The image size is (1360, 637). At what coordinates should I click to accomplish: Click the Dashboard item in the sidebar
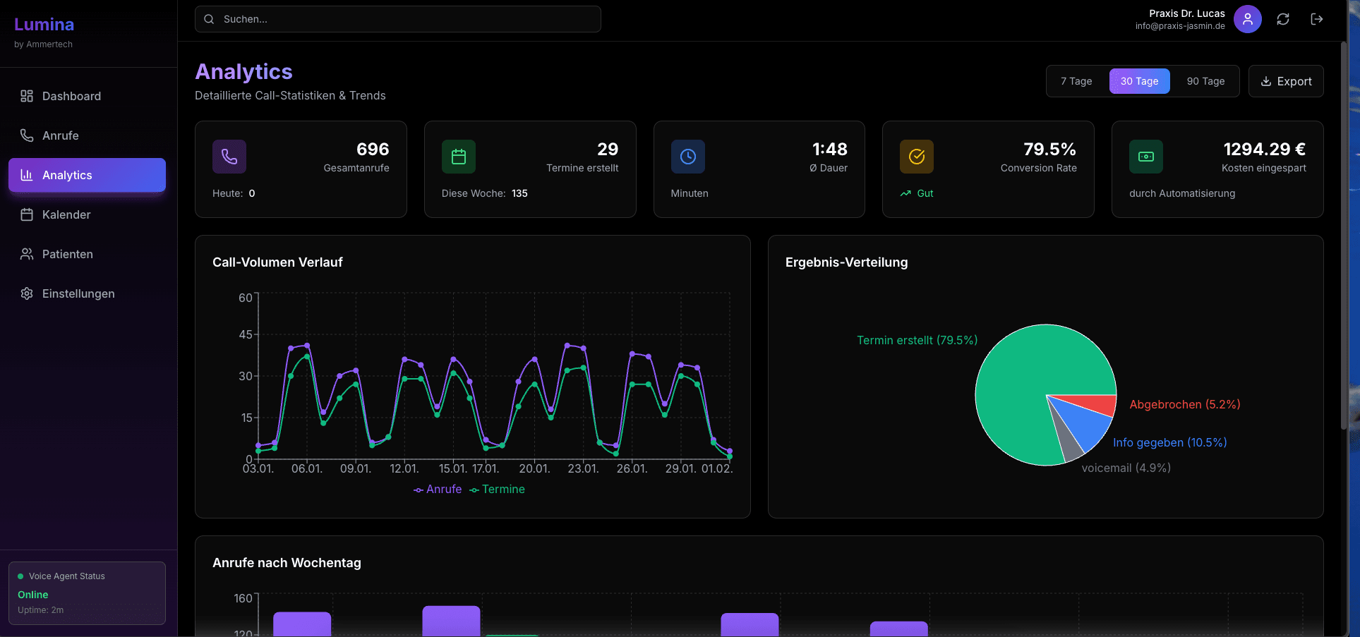[71, 96]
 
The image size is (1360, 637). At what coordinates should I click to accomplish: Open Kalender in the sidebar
[66, 214]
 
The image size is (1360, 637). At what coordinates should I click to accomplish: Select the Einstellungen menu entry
[78, 293]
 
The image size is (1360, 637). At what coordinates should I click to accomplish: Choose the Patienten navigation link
[67, 254]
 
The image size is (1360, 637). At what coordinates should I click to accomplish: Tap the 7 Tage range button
[1076, 81]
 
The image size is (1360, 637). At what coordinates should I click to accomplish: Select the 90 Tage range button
[1205, 81]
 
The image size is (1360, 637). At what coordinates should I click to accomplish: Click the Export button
[1286, 81]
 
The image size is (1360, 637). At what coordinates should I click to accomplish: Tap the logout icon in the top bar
[1317, 19]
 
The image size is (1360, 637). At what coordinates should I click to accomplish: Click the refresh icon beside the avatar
[1283, 19]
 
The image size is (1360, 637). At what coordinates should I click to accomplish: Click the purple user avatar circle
[1248, 19]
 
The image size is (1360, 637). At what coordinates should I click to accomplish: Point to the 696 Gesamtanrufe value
[373, 150]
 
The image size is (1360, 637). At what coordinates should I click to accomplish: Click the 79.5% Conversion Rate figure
[1049, 150]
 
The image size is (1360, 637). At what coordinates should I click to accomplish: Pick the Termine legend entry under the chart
[498, 490]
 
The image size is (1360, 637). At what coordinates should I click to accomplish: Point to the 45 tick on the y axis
[245, 334]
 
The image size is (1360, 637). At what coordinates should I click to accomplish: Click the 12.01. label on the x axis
[404, 468]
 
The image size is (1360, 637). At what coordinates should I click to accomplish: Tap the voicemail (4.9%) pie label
[1126, 468]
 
